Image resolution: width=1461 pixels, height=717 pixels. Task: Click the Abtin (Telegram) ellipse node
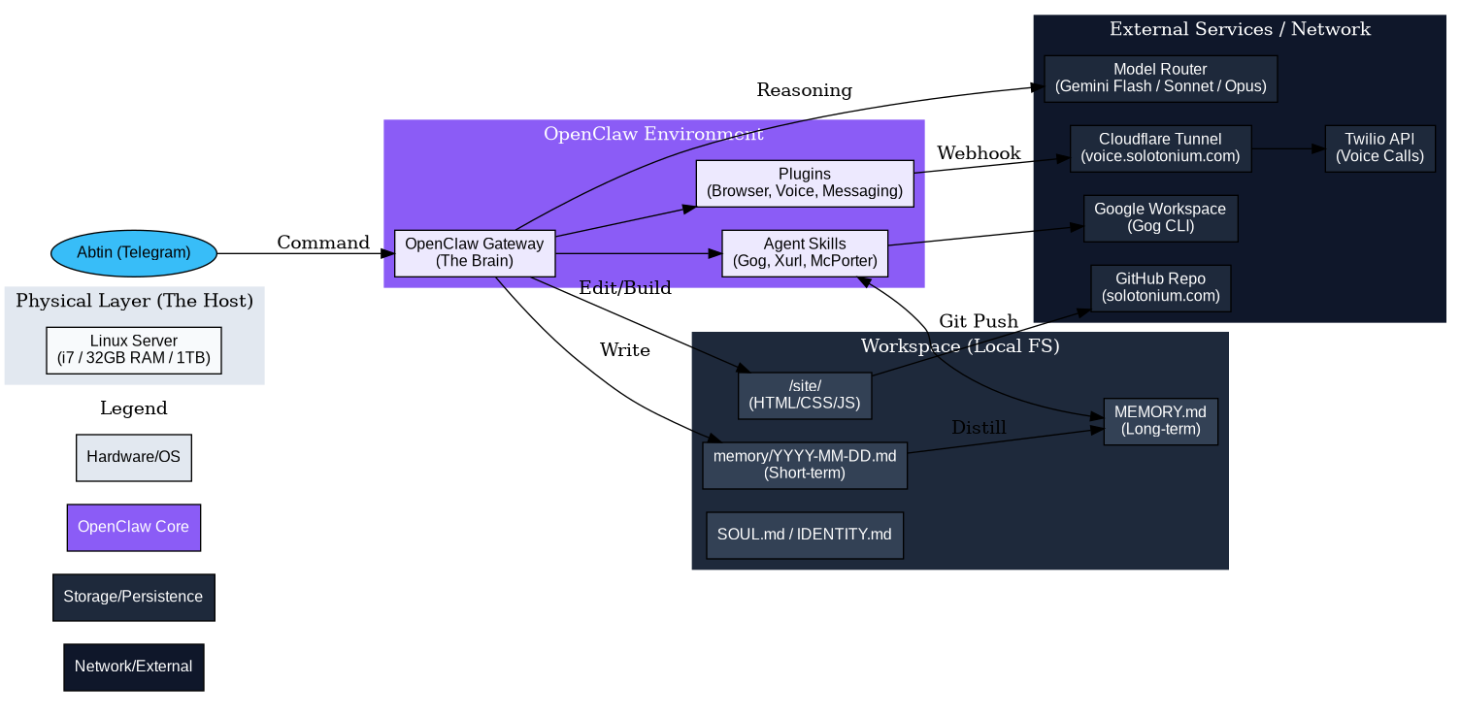coord(133,253)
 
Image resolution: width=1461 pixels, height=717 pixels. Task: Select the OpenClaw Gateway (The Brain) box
coord(475,253)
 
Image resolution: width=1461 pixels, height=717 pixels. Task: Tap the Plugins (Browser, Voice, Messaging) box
coord(805,183)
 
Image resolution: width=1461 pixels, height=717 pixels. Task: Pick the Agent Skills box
coord(805,253)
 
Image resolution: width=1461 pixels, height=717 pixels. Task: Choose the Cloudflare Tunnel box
coord(1160,148)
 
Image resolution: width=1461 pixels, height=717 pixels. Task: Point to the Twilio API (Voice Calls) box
coord(1379,148)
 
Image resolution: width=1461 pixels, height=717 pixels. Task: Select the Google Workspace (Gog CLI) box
coord(1160,218)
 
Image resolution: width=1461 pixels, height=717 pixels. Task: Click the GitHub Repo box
coord(1160,288)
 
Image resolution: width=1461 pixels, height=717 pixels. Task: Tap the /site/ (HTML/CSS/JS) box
coord(805,396)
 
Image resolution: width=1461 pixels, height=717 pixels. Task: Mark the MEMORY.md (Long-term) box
coord(1160,422)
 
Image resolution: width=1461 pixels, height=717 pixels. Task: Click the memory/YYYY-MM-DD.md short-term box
coord(805,466)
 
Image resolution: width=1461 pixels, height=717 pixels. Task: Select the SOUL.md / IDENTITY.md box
coord(805,536)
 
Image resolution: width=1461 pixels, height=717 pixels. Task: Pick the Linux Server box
coord(134,350)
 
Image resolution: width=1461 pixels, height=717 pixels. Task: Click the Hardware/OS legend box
coord(134,457)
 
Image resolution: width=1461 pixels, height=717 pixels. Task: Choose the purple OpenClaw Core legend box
coord(134,527)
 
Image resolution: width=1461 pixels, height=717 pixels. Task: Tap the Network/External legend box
coord(134,667)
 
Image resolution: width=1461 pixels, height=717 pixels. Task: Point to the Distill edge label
coord(978,428)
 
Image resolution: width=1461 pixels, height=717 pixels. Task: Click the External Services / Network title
coord(1240,29)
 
